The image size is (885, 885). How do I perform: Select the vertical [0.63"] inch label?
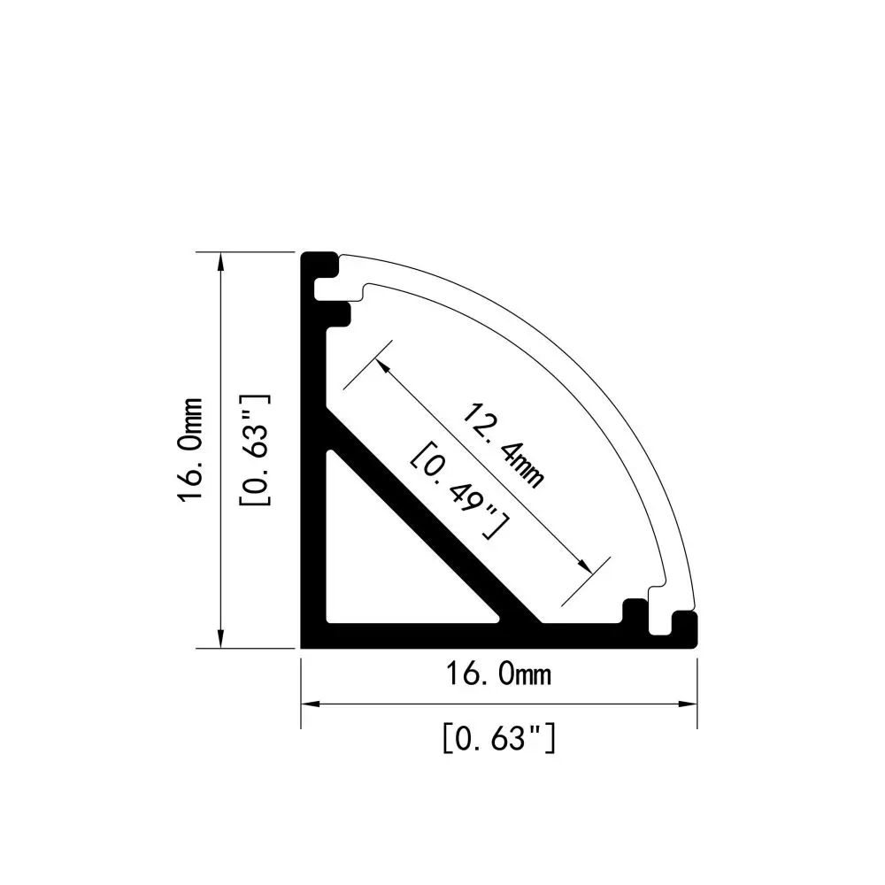click(x=256, y=450)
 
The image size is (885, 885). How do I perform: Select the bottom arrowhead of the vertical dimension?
click(x=219, y=639)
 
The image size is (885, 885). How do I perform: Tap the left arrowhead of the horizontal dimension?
click(x=310, y=704)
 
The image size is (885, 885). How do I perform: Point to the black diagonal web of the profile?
click(x=434, y=522)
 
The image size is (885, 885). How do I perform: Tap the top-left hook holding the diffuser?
click(x=326, y=265)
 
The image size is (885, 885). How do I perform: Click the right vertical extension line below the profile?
click(x=696, y=690)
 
